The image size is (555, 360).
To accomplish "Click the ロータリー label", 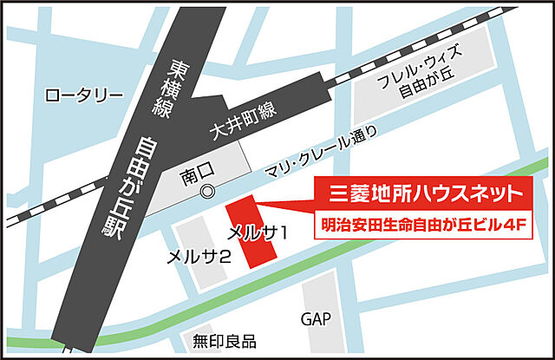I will point(79,94).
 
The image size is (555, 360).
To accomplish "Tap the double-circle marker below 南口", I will point(206,192).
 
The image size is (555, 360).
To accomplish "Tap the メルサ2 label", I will point(199,257).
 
